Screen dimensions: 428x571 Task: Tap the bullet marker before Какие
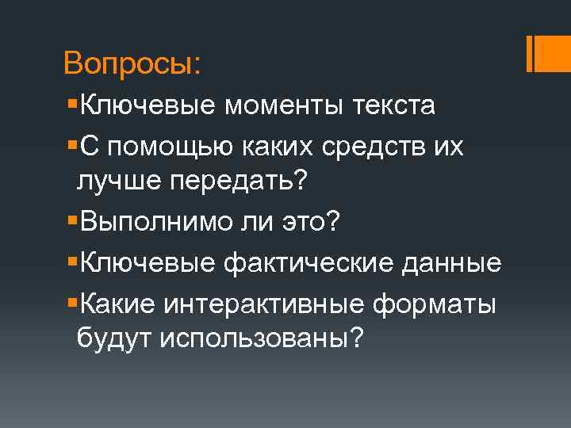(74, 302)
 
